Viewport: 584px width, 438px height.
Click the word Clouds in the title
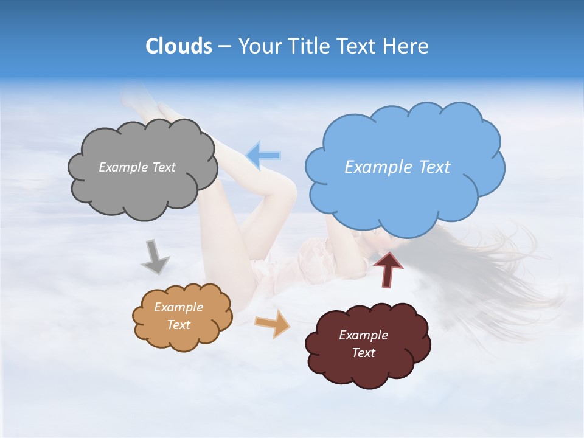point(178,46)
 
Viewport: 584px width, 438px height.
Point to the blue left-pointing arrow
point(263,156)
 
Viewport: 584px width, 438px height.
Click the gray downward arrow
point(155,257)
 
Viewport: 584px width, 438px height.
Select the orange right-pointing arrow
point(273,324)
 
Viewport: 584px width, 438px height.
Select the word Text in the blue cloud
point(434,167)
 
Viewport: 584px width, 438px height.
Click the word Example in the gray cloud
point(123,167)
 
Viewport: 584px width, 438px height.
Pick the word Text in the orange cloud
point(179,325)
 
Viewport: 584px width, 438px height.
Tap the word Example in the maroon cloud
point(363,335)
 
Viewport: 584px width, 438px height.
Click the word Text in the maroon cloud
point(363,353)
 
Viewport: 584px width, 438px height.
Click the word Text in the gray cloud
point(163,167)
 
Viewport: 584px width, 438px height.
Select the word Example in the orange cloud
point(179,307)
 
